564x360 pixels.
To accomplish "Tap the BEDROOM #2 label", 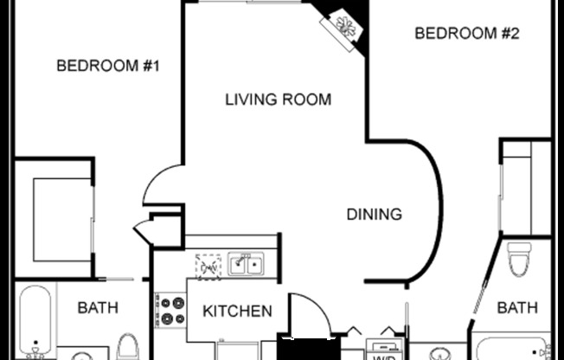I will tap(466, 34).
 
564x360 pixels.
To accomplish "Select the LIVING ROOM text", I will tap(278, 100).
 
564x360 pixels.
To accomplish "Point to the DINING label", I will tap(374, 214).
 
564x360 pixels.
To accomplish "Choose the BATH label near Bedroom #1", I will tap(99, 307).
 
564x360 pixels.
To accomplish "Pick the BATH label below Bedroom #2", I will tap(517, 307).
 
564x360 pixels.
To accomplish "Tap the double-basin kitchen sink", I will tap(246, 265).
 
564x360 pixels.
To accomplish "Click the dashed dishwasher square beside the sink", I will tap(208, 267).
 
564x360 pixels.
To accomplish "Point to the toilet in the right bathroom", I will tap(519, 259).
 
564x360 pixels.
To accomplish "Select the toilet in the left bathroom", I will tap(128, 345).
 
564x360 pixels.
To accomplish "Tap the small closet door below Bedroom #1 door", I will tap(142, 231).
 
